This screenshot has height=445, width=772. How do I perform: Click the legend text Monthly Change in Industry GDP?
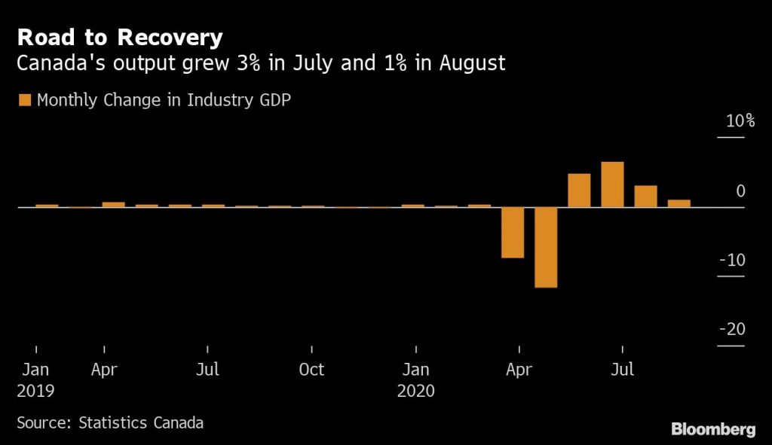point(164,100)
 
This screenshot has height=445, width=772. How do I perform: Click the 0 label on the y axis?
point(740,191)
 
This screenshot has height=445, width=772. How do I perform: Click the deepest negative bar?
point(546,247)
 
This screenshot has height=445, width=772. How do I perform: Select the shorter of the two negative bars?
point(513,232)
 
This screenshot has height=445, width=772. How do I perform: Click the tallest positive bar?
point(612,184)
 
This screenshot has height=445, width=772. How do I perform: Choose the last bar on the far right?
point(679,203)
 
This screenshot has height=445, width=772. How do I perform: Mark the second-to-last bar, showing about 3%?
point(645,196)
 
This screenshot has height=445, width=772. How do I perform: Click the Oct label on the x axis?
point(311,370)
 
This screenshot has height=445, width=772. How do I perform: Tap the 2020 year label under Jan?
point(416,392)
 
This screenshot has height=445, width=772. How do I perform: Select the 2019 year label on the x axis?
point(35,392)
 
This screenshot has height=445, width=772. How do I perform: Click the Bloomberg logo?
point(713,429)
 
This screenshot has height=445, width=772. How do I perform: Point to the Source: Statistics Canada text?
point(110,422)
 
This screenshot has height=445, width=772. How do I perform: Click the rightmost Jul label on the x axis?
point(622,370)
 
